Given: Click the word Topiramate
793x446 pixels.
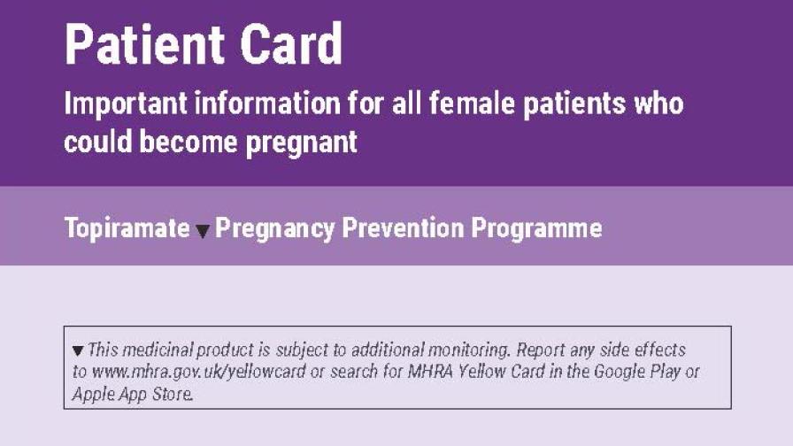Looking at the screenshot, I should pos(127,228).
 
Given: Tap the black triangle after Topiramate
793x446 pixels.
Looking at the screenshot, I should pos(203,231).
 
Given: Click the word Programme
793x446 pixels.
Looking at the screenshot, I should pos(536,228).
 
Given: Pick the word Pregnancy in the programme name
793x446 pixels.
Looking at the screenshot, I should pos(275,228).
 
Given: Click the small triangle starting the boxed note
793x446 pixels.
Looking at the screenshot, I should pos(78,350).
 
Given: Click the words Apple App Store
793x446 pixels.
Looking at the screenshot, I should pos(131,394).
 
